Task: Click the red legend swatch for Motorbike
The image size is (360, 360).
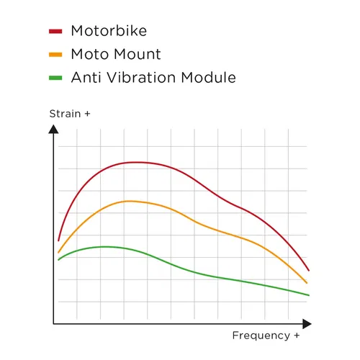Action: tap(56, 31)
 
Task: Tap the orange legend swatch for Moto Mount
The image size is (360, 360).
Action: tap(56, 55)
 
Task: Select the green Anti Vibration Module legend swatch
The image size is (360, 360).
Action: tap(56, 78)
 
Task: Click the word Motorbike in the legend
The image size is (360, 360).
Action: tap(110, 31)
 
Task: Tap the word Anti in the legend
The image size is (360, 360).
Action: tap(86, 78)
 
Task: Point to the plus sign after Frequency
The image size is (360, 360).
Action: tap(296, 336)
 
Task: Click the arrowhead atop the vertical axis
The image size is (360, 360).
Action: tap(53, 129)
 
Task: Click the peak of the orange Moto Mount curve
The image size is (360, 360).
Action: tap(129, 201)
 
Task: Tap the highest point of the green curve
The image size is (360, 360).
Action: tap(105, 246)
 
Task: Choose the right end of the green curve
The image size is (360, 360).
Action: tap(308, 295)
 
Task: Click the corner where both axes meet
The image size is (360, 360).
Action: tap(53, 324)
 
